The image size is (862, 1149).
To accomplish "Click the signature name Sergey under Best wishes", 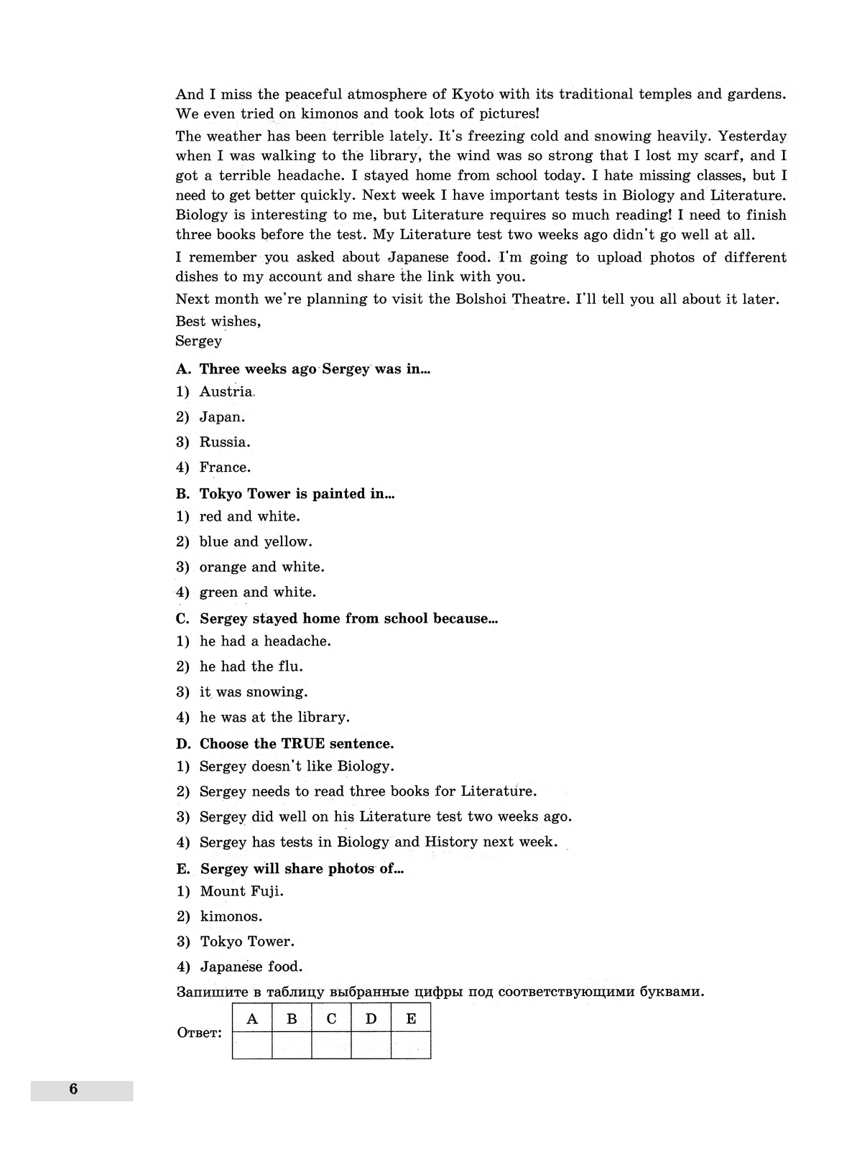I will [x=199, y=341].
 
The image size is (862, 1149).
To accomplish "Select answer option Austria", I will [x=226, y=391].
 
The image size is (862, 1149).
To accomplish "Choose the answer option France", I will [x=225, y=467].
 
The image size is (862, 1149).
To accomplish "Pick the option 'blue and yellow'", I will [x=256, y=541].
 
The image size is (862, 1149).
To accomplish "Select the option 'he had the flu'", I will [x=251, y=666].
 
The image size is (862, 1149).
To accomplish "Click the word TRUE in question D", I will [x=303, y=743].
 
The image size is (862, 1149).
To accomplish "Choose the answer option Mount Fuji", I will [x=241, y=891].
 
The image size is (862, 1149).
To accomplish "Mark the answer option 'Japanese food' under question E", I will [x=251, y=967].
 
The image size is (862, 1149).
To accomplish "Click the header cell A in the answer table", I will [x=252, y=1018].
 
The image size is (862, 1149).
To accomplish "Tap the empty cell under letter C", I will [x=331, y=1045].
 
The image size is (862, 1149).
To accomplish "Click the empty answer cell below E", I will [x=411, y=1045].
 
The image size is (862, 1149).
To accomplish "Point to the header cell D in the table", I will [x=371, y=1018].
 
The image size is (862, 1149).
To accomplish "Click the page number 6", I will [x=73, y=1089].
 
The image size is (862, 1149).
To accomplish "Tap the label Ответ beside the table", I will [x=199, y=1033].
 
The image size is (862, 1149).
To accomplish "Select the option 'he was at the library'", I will [x=274, y=717].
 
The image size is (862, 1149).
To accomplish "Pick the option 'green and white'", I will [x=258, y=592].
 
